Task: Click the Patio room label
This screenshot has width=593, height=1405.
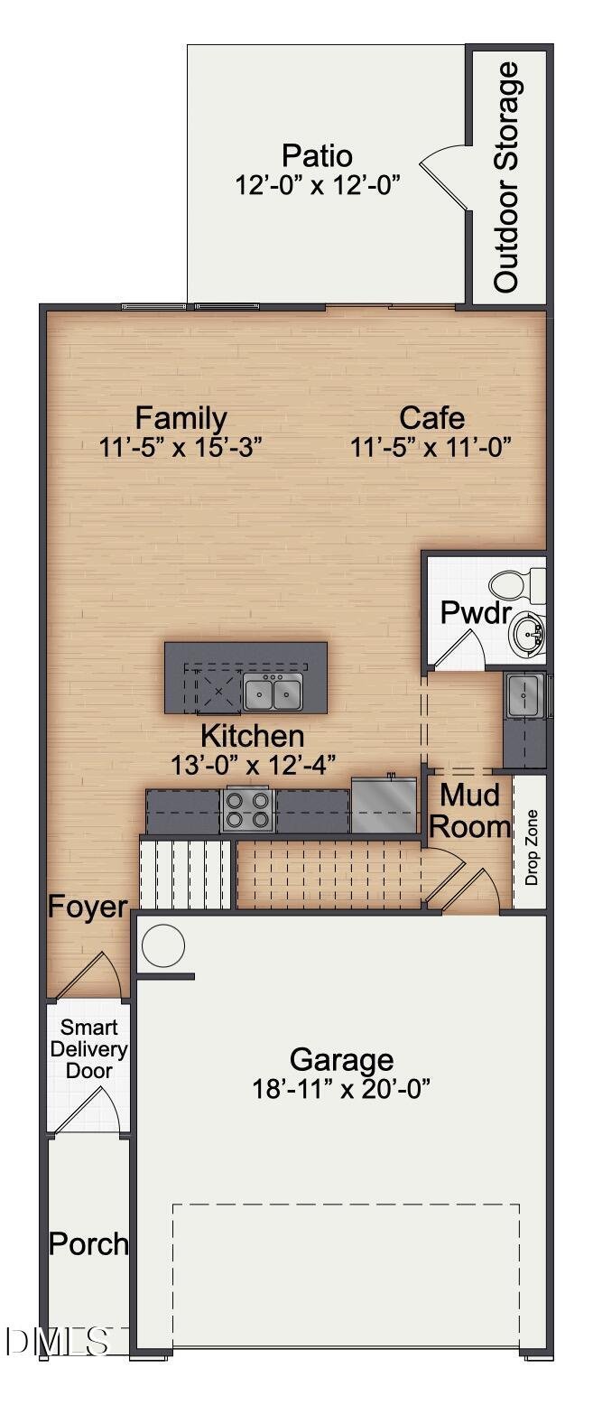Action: pos(317,155)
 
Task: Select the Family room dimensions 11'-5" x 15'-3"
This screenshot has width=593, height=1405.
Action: pos(180,448)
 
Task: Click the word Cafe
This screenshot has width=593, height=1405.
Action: pos(432,418)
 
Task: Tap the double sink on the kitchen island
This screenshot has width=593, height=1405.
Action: pos(273,693)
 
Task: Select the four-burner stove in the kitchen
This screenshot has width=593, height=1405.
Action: pos(247,810)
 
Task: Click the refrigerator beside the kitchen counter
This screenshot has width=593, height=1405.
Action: pos(385,805)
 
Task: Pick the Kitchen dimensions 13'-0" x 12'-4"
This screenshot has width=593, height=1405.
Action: pos(254,765)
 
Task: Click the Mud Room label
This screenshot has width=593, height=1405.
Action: pos(468,811)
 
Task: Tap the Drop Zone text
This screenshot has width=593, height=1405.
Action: pos(532,847)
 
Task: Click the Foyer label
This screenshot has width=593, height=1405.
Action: pos(88,907)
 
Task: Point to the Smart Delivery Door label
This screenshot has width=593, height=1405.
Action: pos(89,1049)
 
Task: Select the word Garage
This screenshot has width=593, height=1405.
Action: pos(342,1060)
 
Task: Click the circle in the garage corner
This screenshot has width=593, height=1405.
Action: pos(163,946)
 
